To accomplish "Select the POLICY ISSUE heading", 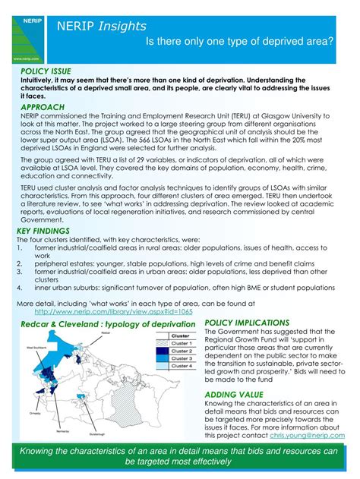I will tap(46, 71).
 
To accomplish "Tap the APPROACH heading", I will tap(43, 108).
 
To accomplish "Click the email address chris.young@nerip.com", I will tap(306, 436).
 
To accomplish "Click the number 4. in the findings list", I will tap(19, 288).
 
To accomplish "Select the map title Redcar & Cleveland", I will tap(62, 324).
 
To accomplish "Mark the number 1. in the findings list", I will tap(19, 247).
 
